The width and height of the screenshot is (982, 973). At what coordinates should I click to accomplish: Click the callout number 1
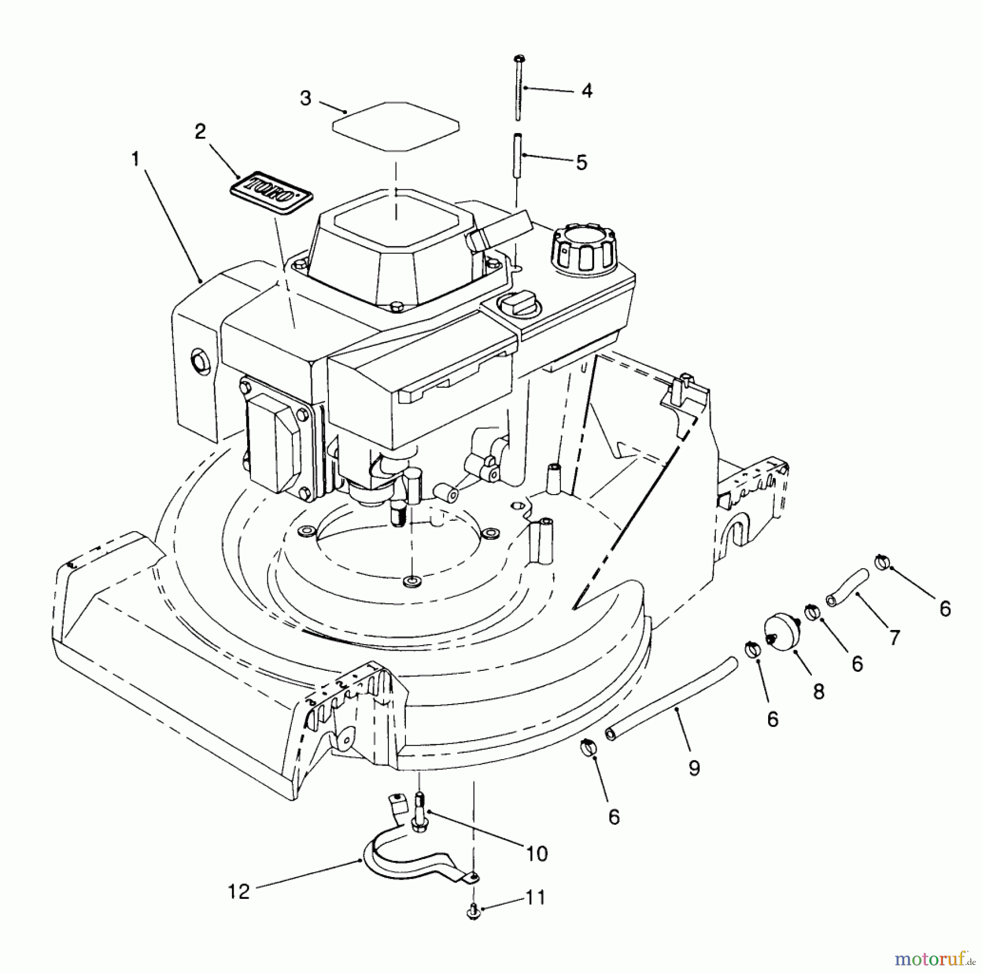click(x=135, y=159)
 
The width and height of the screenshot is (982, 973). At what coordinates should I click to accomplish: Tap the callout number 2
click(x=200, y=131)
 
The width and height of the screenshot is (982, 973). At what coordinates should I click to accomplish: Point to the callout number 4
click(x=586, y=91)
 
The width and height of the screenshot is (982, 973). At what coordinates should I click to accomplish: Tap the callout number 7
click(x=894, y=637)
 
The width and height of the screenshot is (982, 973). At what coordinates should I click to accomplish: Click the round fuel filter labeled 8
click(x=782, y=630)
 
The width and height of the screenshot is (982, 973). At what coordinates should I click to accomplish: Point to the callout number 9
click(x=694, y=768)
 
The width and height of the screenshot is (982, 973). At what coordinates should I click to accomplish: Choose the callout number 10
click(x=537, y=854)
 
